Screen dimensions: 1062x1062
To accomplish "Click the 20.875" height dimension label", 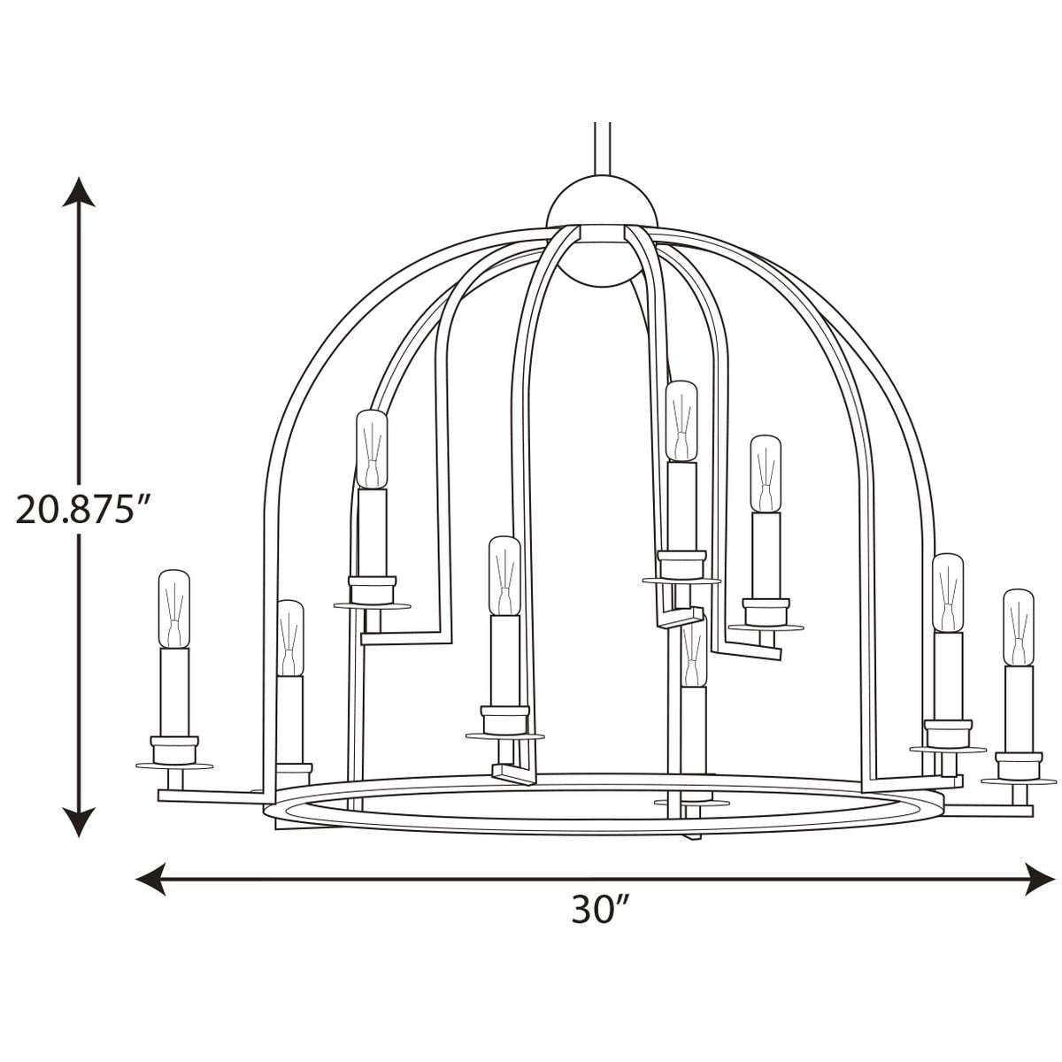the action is coord(83,509).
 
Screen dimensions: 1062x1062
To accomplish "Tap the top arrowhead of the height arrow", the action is coord(79,192).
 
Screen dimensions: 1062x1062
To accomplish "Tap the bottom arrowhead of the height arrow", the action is coord(79,822).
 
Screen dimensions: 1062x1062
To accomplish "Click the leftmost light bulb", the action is coord(174,609).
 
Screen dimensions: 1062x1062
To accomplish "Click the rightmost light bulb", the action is coord(1019,627).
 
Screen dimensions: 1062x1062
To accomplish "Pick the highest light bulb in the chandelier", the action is coord(681,421).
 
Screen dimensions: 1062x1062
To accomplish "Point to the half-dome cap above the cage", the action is coord(602,202).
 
